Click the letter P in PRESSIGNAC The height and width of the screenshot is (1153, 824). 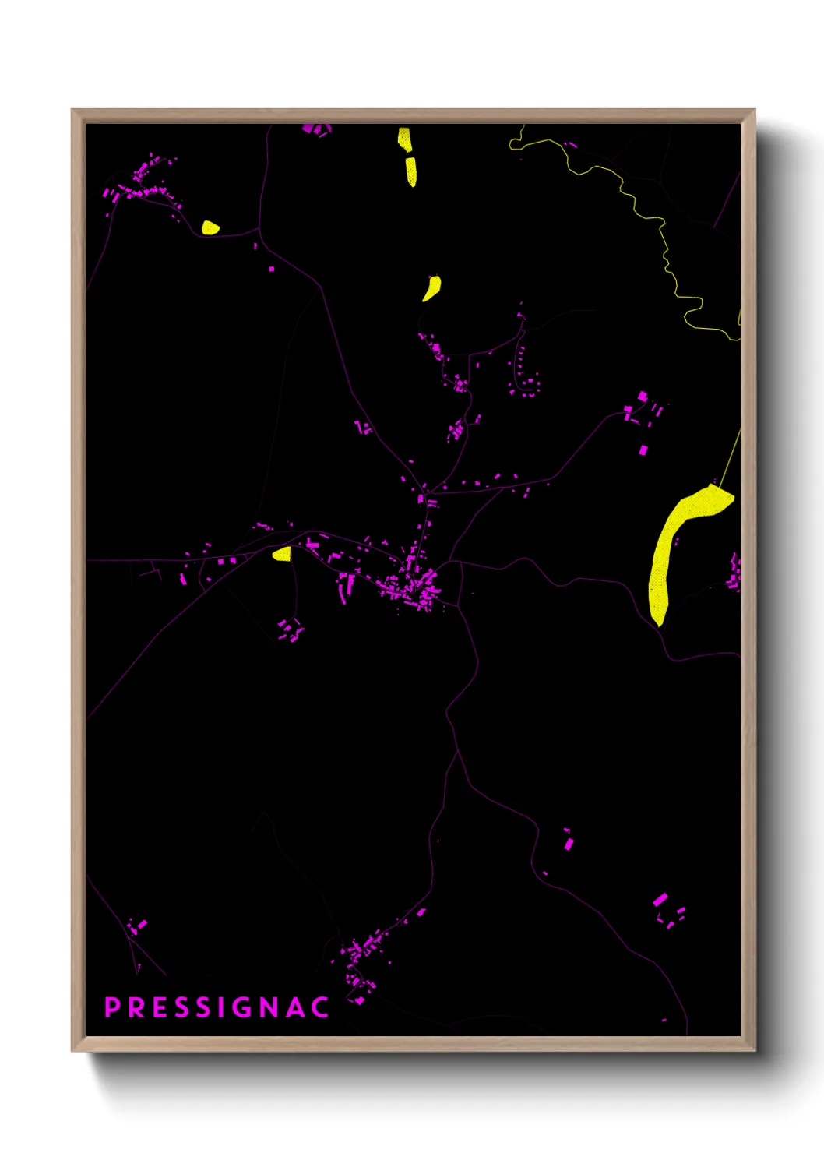[x=112, y=1007]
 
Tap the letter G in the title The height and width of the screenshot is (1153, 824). [x=243, y=1007]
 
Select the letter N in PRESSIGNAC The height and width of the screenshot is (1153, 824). [x=269, y=1007]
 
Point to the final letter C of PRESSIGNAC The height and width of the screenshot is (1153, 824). [x=320, y=1007]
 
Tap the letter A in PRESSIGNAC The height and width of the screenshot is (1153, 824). [x=295, y=1007]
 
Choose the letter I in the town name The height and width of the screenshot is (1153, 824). [x=223, y=1007]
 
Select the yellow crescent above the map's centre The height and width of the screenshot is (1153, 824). [x=431, y=288]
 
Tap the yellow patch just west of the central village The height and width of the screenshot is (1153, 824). [x=282, y=554]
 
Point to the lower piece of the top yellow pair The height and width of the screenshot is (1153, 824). [x=410, y=171]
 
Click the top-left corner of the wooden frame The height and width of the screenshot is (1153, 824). [x=72, y=110]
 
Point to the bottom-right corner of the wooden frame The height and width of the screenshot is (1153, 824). [x=754, y=1049]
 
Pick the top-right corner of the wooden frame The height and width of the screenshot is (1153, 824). [x=754, y=110]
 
